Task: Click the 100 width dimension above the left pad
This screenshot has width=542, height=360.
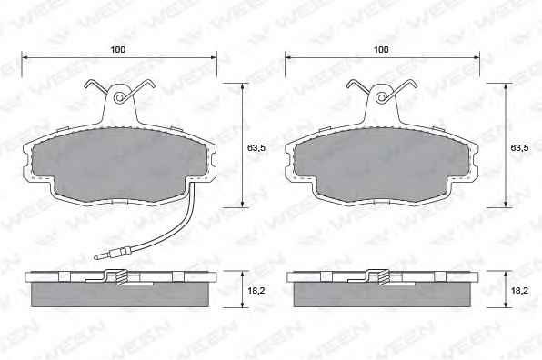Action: [118, 50]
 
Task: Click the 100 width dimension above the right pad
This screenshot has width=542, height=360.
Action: [381, 50]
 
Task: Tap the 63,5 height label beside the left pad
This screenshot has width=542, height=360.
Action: [256, 148]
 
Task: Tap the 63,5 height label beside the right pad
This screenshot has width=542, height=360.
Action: [519, 148]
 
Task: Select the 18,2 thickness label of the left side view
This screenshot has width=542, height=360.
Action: [256, 291]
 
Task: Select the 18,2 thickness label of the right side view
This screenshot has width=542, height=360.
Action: [519, 291]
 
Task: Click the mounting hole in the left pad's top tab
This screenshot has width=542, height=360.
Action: [119, 98]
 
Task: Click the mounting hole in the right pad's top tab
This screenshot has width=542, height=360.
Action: [381, 98]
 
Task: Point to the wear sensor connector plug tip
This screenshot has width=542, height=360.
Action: [95, 257]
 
